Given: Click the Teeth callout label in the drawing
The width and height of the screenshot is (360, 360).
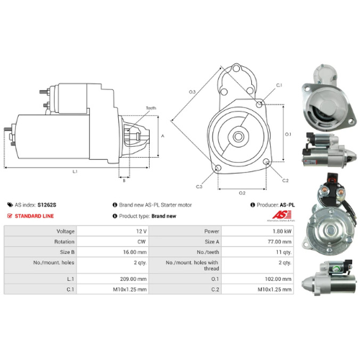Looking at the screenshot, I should point(150,108).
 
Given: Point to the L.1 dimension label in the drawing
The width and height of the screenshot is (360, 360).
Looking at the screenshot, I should point(76,171).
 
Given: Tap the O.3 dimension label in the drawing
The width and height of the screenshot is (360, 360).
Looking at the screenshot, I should point(192,92).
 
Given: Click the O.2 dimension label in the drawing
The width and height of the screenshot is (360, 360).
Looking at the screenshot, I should point(242,193).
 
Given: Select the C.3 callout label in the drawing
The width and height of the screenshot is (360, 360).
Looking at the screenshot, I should point(199,186).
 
